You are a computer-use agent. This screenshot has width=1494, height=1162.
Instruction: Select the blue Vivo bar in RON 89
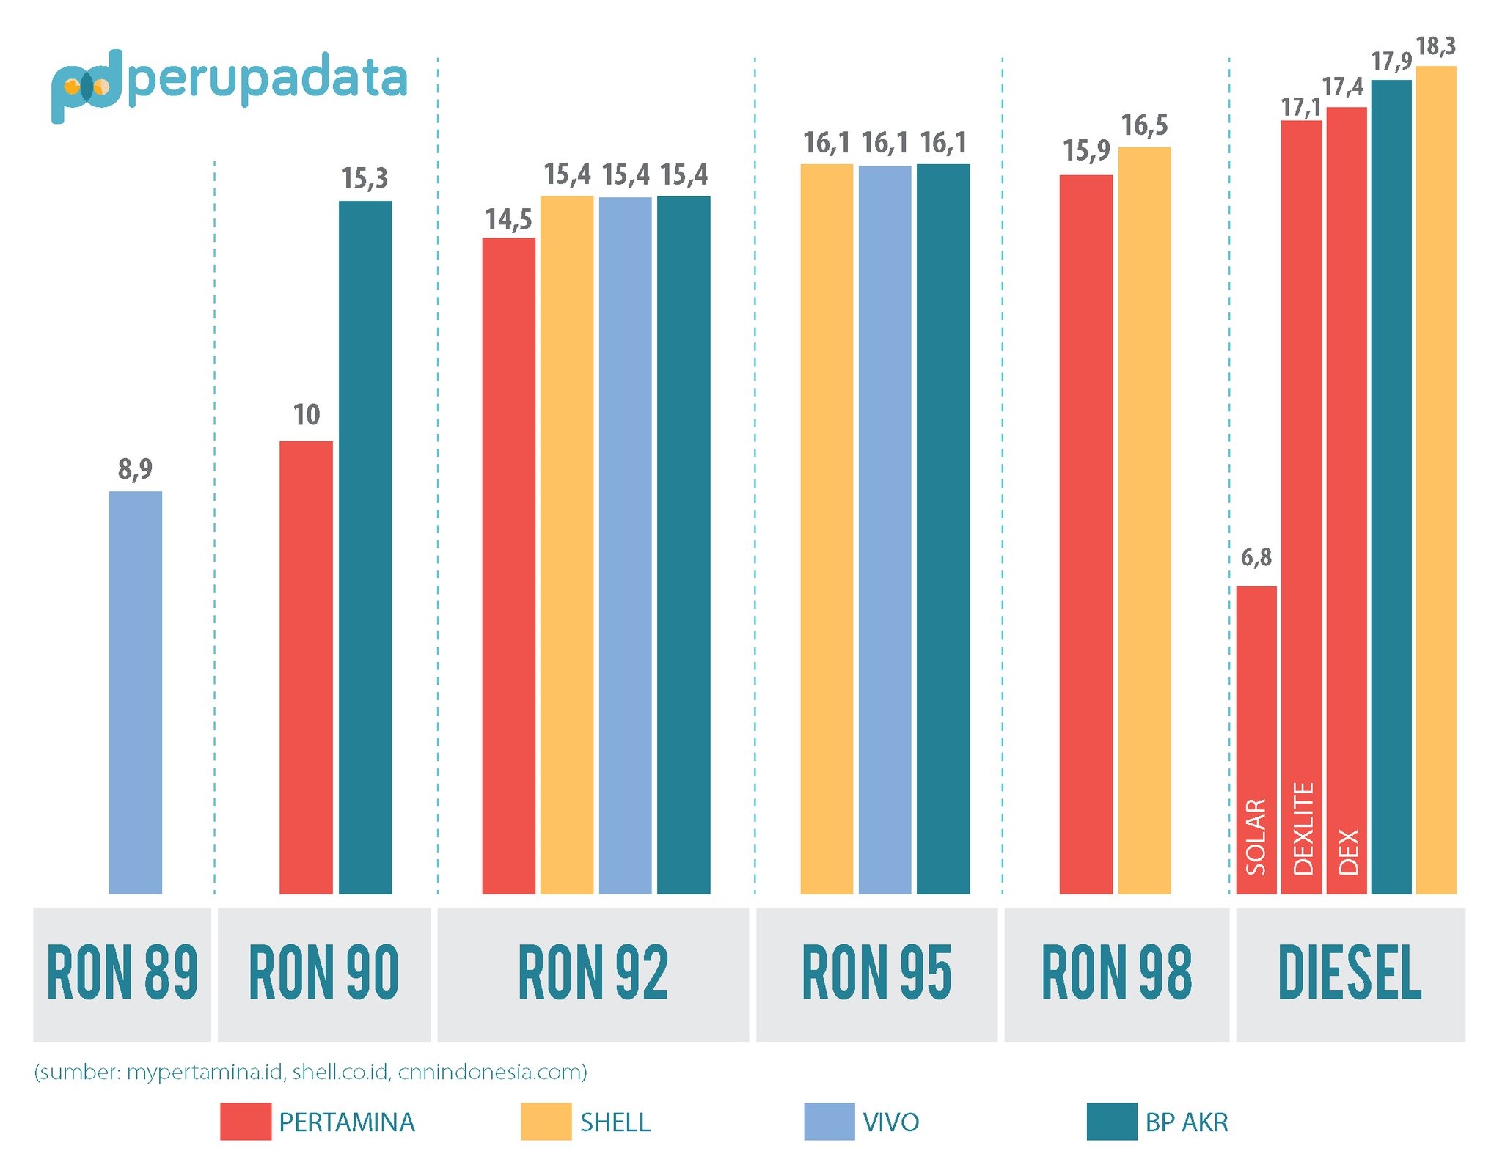(135, 692)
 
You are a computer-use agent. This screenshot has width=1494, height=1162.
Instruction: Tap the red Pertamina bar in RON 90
(306, 667)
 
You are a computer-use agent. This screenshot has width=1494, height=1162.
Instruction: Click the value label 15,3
(365, 178)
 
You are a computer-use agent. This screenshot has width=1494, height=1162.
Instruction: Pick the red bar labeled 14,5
(508, 565)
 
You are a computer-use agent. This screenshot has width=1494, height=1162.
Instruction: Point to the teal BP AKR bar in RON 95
(943, 529)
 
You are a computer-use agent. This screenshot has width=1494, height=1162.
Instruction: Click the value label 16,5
(1144, 125)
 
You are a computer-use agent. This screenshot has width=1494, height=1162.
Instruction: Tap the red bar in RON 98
(1085, 534)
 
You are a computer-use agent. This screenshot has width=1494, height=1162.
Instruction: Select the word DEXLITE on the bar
(1303, 828)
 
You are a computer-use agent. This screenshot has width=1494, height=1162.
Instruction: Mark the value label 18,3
(1435, 46)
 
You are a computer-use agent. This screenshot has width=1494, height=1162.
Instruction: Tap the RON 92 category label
(593, 973)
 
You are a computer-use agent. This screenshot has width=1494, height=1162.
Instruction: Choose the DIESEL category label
(1350, 973)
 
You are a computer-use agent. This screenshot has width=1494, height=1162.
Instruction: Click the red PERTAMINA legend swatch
(245, 1121)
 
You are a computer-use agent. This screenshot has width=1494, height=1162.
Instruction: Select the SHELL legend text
(615, 1122)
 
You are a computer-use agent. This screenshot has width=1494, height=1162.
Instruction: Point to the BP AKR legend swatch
(1111, 1121)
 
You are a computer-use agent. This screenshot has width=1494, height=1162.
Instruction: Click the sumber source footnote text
(310, 1072)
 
